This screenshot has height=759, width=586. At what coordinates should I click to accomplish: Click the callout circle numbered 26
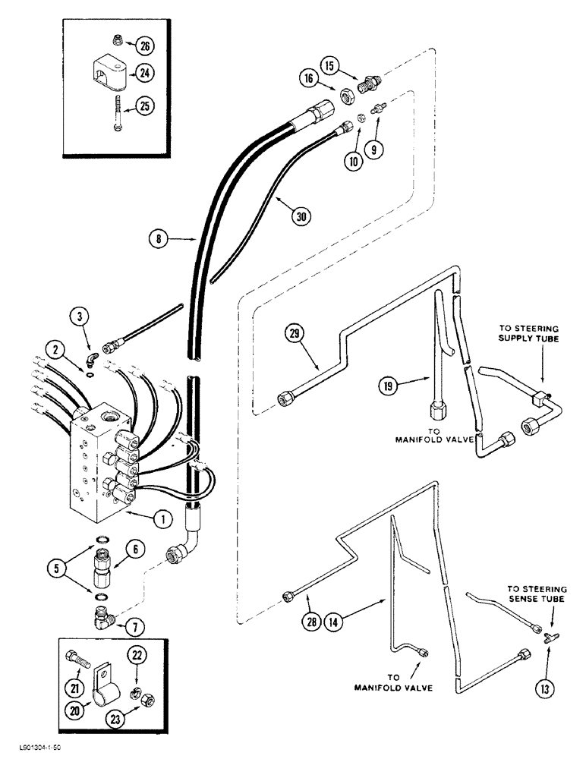pyautogui.click(x=145, y=46)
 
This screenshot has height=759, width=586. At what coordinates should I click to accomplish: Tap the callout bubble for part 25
pyautogui.click(x=145, y=106)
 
